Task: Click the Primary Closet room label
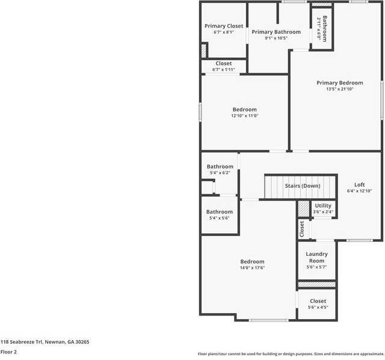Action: [x=224, y=26]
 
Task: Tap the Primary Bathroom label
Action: [x=276, y=32]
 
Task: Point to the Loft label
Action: [x=359, y=185]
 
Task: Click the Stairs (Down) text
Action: [x=303, y=186]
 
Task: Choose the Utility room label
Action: [x=323, y=206]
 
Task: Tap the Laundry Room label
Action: [x=316, y=257]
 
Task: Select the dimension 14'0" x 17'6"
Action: [x=252, y=268]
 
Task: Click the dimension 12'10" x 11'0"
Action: [x=244, y=116]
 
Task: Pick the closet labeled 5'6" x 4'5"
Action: [x=318, y=307]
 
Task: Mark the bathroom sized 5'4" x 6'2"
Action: [x=220, y=173]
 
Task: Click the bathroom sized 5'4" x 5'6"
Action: [x=220, y=218]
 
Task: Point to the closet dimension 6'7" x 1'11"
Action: [x=223, y=69]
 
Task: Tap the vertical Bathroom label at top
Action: [x=325, y=28]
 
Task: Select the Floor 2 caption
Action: [x=8, y=352]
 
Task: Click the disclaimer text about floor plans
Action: [x=291, y=353]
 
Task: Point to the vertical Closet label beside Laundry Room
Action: [x=302, y=229]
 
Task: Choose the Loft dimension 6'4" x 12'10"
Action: [x=359, y=191]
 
